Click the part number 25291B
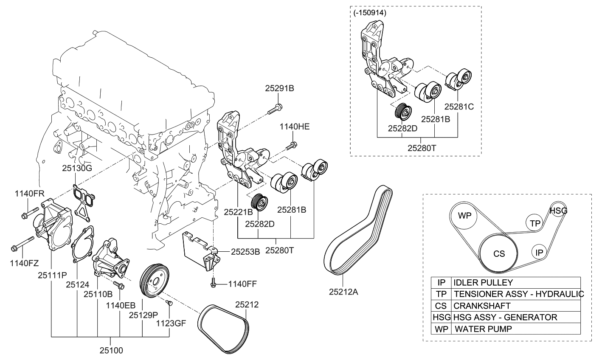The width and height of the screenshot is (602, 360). (279, 88)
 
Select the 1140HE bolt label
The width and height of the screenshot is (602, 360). (294, 126)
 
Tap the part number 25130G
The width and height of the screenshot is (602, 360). (77, 168)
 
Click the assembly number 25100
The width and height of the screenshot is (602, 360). (111, 351)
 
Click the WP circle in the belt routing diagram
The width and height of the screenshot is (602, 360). (464, 215)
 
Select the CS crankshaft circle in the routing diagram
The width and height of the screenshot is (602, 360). (499, 253)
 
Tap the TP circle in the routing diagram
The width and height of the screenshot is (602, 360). (535, 222)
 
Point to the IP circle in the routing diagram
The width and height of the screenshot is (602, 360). (539, 253)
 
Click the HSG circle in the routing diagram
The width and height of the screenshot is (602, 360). (558, 210)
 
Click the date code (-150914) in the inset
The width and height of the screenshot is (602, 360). (370, 13)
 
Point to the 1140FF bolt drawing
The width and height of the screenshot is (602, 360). (213, 283)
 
